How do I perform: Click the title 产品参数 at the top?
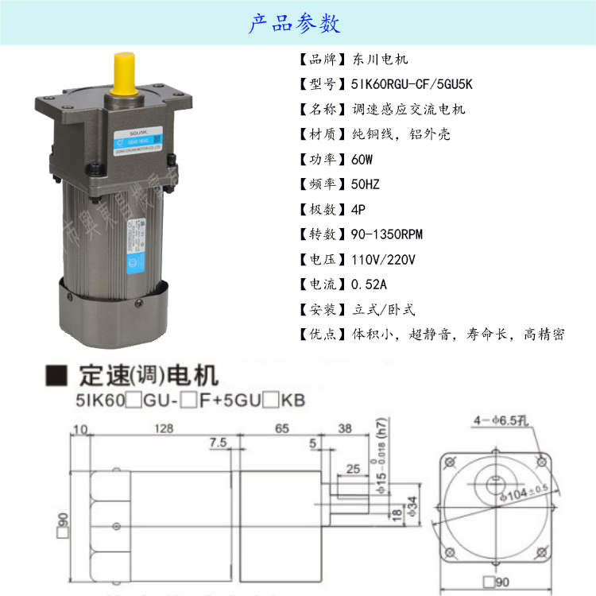[x=295, y=24]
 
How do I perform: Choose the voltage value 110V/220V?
[x=383, y=260]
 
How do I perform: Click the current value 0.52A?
[x=369, y=284]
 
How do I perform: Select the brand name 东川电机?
[x=378, y=60]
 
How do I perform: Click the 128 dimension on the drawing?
[x=164, y=428]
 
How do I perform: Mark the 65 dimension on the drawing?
[x=282, y=428]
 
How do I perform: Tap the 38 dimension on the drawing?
[x=344, y=428]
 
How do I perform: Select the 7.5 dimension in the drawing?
[x=219, y=443]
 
